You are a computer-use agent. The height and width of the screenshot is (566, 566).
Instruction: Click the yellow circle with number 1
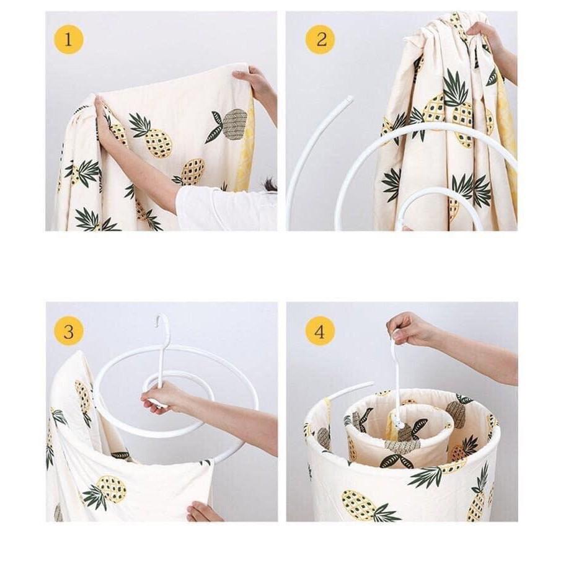tap(68, 40)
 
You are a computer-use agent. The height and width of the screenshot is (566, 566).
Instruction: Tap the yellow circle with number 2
tap(321, 40)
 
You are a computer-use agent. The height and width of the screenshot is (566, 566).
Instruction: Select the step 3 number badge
tap(68, 332)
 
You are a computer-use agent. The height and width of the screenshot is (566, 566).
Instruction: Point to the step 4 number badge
tap(321, 332)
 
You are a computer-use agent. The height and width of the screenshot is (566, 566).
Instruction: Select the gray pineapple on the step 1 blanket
tap(234, 124)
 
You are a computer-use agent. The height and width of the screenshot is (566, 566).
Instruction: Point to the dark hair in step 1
tap(270, 185)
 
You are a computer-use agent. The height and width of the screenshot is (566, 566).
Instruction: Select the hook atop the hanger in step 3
tap(163, 322)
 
